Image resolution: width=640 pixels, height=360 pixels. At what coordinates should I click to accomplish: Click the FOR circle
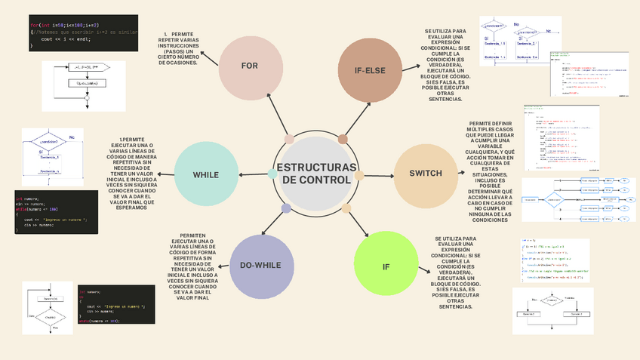point(250,66)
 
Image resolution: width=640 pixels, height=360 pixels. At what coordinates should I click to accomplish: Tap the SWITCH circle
point(426,174)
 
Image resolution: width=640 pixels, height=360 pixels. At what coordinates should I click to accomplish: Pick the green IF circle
point(386,267)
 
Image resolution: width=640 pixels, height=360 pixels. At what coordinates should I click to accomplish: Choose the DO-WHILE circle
point(261,266)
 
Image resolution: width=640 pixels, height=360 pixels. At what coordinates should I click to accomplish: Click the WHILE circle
point(205,175)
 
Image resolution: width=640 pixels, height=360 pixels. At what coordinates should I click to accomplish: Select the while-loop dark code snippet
point(56,211)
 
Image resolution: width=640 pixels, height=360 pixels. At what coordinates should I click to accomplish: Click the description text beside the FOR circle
point(180,49)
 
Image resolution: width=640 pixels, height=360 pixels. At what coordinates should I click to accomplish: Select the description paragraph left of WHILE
point(133,174)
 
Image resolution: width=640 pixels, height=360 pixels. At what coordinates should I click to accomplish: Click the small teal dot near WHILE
point(272,174)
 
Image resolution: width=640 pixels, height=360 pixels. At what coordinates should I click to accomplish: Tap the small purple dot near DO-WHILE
point(286,208)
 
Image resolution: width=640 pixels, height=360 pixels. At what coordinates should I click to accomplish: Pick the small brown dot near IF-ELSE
point(343,139)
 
